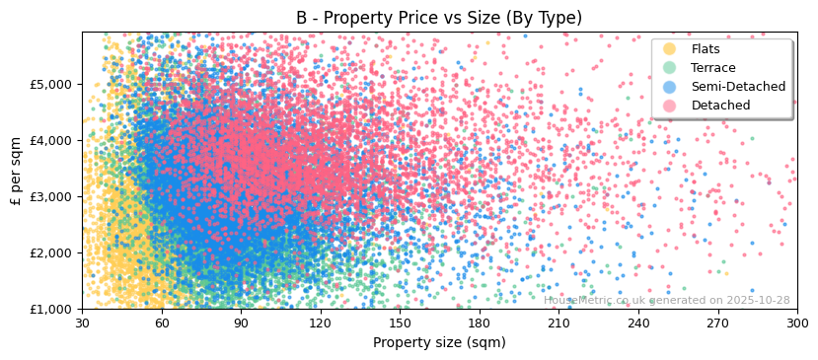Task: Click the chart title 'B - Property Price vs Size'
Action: click(439, 18)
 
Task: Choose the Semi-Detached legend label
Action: click(738, 87)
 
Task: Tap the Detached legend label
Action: click(720, 106)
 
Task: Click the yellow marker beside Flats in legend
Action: click(670, 49)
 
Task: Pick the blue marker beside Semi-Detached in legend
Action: click(670, 87)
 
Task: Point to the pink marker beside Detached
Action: click(670, 106)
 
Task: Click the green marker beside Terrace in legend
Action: click(670, 68)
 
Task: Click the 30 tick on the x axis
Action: click(82, 324)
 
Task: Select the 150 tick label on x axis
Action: click(400, 324)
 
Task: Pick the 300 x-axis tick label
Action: click(796, 324)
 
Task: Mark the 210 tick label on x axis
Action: click(558, 324)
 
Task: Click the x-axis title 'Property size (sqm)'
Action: click(439, 342)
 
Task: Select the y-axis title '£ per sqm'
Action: click(16, 170)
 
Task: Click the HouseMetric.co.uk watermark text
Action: click(666, 300)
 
